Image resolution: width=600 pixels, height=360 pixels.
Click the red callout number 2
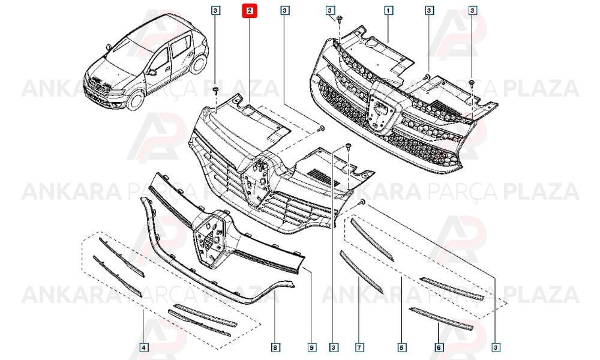point(250,11)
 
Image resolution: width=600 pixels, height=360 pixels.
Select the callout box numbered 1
point(388,11)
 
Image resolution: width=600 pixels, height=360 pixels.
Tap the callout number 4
point(143,347)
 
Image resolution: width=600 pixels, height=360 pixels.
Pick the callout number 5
point(401,347)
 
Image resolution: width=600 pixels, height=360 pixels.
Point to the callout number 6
point(439,347)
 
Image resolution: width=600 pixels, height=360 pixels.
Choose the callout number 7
point(359,347)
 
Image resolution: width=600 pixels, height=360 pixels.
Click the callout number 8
point(275,347)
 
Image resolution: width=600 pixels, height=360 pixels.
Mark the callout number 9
point(311,347)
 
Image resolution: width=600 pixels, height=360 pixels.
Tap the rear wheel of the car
point(199,64)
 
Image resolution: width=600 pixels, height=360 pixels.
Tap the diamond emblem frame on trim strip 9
point(209,239)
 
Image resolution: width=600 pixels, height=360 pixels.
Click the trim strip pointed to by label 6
point(441,319)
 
